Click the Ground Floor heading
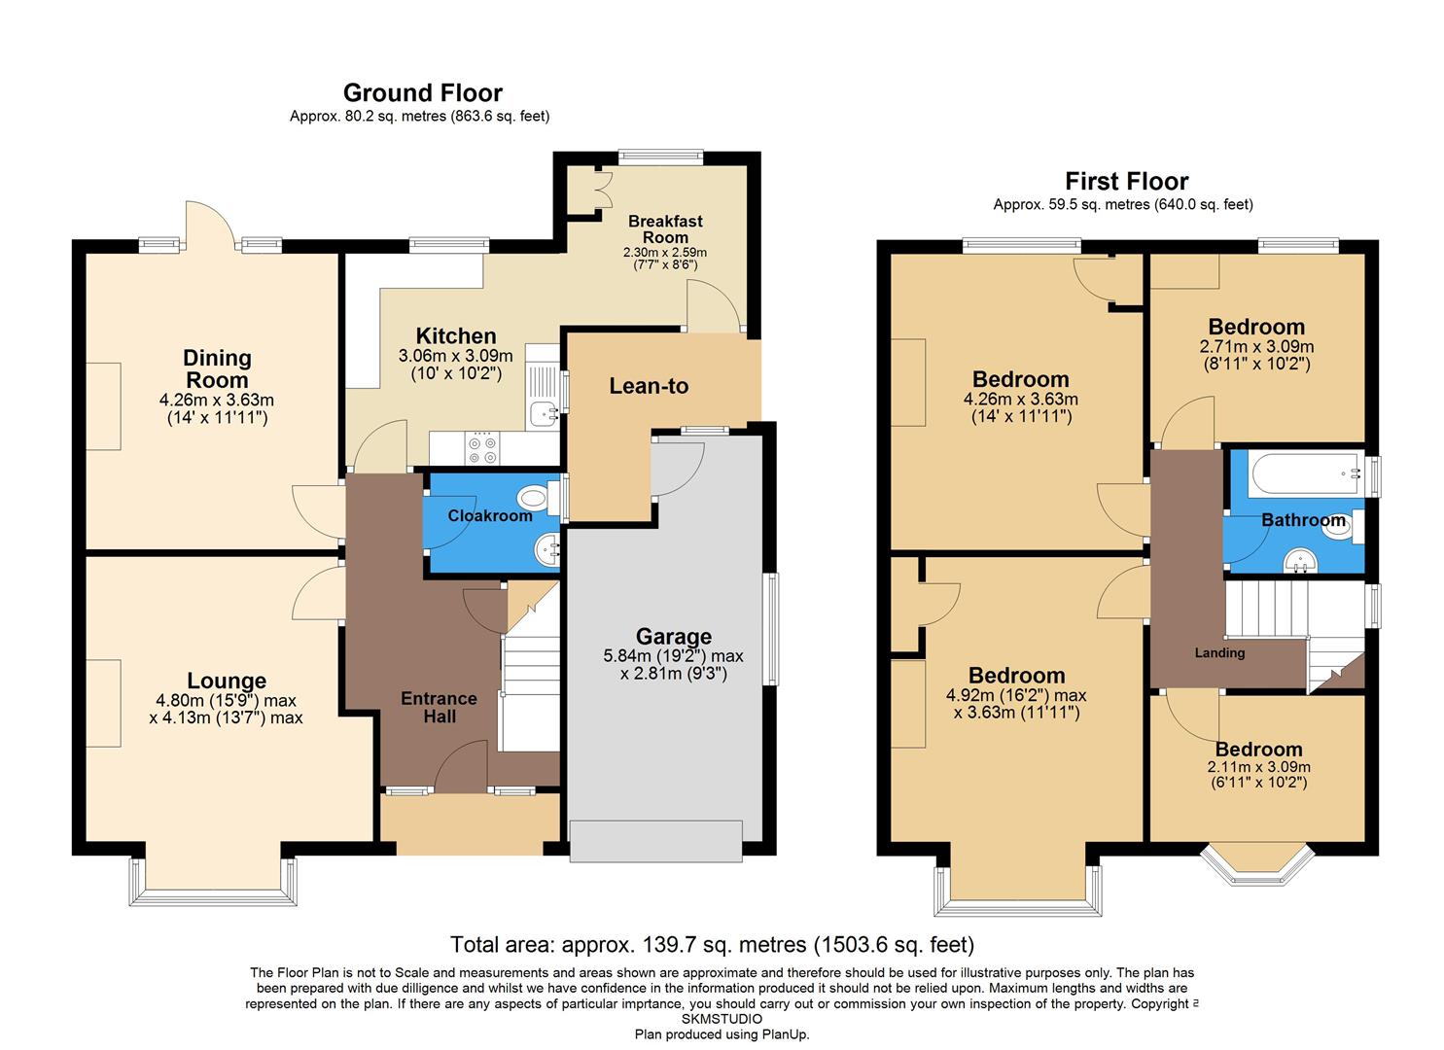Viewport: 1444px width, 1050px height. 422,93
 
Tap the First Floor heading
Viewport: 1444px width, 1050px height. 1126,182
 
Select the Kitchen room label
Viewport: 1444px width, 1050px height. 456,336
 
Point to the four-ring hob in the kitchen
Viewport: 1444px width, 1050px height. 482,448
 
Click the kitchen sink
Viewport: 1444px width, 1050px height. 541,413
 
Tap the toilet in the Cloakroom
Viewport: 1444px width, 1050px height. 534,500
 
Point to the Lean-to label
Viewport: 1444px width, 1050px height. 649,386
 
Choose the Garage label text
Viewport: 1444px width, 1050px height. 674,637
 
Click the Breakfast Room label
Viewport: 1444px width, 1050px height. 665,229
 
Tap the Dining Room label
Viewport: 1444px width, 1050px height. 217,369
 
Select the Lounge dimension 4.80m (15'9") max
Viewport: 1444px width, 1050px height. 227,701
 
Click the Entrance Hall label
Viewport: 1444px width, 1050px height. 439,707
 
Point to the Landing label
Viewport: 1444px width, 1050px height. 1219,653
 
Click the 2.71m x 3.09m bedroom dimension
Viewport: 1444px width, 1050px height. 1256,347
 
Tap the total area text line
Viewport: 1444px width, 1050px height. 712,944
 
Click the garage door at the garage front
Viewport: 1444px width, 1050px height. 655,841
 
